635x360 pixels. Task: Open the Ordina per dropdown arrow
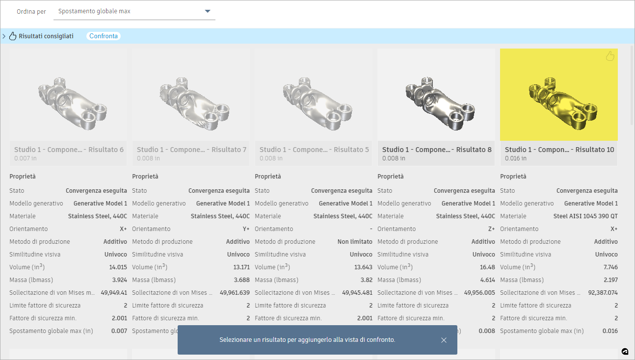pyautogui.click(x=208, y=11)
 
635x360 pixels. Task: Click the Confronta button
pyautogui.click(x=104, y=36)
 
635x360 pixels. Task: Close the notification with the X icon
pyautogui.click(x=444, y=340)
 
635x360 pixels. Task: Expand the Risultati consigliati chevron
pyautogui.click(x=4, y=36)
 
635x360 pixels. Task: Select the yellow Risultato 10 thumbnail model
pyautogui.click(x=563, y=103)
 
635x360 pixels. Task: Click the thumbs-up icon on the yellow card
pyautogui.click(x=610, y=56)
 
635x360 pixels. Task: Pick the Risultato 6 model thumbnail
pyautogui.click(x=72, y=103)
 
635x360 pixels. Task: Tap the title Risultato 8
pyautogui.click(x=437, y=150)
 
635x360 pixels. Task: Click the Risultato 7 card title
pyautogui.click(x=192, y=150)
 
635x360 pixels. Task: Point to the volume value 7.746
pyautogui.click(x=610, y=267)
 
